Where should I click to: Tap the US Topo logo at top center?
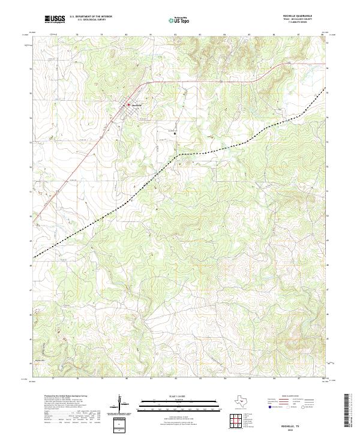181,20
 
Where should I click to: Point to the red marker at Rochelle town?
127,106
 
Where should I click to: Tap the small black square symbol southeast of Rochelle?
175,134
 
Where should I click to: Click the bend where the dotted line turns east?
179,154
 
